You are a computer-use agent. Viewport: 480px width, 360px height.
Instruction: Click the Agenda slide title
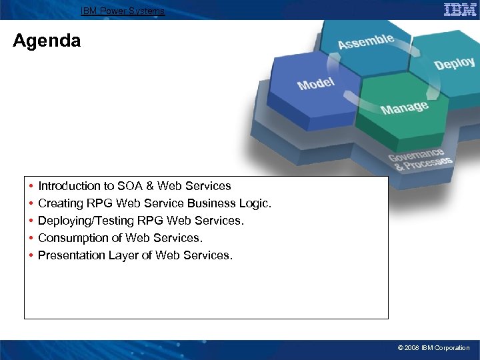click(47, 41)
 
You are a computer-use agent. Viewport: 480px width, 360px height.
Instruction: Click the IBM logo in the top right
click(460, 9)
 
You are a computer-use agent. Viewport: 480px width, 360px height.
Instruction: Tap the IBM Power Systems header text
click(122, 11)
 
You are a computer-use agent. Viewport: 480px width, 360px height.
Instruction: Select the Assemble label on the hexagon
click(365, 41)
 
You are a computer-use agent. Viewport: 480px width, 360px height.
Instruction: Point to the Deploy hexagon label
click(454, 63)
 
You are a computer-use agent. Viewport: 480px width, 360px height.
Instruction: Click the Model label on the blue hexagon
click(316, 83)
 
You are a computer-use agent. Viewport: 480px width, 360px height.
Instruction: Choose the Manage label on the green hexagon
click(404, 107)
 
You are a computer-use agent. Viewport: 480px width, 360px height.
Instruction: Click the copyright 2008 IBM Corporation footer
click(433, 348)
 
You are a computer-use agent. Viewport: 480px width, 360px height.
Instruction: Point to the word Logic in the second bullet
click(256, 203)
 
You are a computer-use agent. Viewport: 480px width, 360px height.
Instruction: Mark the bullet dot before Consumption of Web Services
click(31, 238)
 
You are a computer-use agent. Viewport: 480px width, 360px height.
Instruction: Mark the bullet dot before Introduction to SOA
click(31, 186)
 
